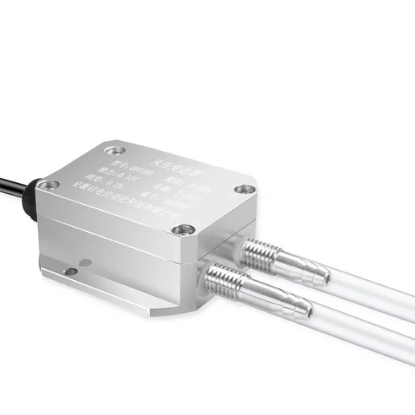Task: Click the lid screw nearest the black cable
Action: (49, 183)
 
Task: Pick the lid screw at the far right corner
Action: (244, 190)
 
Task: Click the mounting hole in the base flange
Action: (71, 271)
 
